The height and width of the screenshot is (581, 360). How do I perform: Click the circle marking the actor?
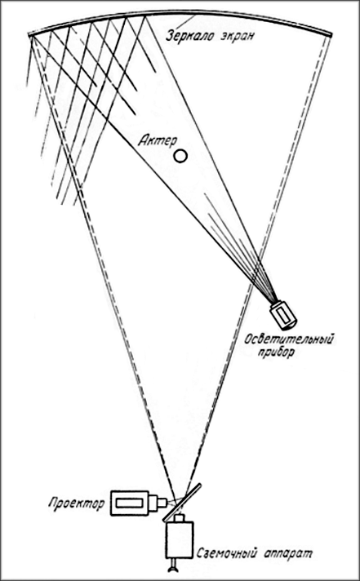pyautogui.click(x=180, y=156)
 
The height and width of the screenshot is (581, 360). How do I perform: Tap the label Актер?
pyautogui.click(x=158, y=140)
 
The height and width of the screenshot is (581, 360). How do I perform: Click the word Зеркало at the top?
pyautogui.click(x=189, y=36)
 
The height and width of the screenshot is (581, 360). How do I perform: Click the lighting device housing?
pyautogui.click(x=283, y=315)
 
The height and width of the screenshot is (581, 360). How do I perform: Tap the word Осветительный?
pyautogui.click(x=289, y=339)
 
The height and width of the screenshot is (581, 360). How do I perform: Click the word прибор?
pyautogui.click(x=275, y=352)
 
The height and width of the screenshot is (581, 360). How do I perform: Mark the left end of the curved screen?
pyautogui.click(x=29, y=35)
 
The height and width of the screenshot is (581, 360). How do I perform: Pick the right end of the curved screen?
pyautogui.click(x=331, y=35)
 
